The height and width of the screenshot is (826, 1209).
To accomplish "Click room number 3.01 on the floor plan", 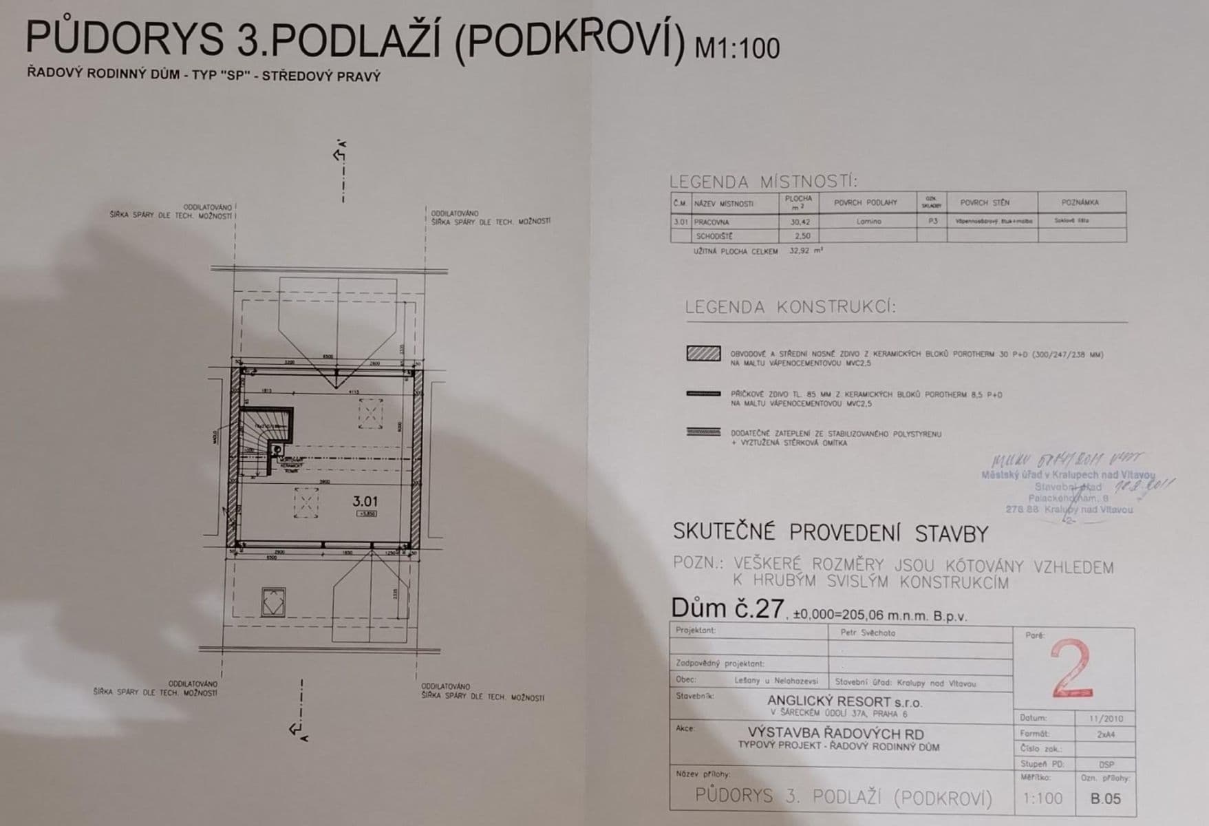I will [365, 502].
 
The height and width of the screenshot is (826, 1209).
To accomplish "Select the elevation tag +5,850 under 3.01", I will [365, 514].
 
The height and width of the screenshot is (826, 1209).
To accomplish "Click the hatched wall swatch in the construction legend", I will [703, 354].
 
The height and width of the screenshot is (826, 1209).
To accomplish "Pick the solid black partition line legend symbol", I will [703, 394].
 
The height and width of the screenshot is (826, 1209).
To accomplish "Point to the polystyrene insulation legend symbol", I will [703, 433].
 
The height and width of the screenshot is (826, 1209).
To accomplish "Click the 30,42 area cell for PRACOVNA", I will [798, 222].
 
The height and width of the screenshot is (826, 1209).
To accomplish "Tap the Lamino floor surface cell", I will [869, 222].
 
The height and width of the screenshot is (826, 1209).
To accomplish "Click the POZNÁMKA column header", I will [1080, 202].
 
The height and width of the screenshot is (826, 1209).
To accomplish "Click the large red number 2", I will [1071, 668].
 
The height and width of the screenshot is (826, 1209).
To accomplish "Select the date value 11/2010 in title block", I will [1106, 719].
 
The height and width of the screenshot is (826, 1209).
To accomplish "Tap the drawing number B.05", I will [1105, 798].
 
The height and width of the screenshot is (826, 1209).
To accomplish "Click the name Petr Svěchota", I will [868, 633].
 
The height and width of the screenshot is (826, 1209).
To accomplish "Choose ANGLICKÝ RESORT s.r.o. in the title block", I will [835, 702].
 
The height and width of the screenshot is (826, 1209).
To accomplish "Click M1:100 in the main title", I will [737, 48].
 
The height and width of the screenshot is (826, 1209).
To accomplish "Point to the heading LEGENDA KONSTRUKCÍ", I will [791, 307].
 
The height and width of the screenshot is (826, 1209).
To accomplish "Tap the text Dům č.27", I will [727, 608].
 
